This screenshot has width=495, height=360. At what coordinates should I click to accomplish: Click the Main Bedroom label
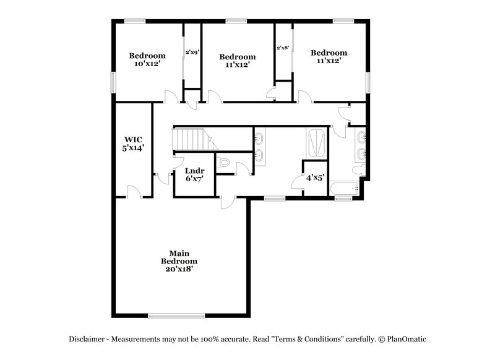(x=179, y=261)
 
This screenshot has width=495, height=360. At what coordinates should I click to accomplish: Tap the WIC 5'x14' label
(x=134, y=144)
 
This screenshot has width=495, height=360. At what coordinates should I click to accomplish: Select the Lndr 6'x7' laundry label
(x=194, y=174)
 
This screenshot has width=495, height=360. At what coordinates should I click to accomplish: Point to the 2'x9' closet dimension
(x=192, y=53)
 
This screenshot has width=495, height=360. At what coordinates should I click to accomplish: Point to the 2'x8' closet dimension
(x=283, y=48)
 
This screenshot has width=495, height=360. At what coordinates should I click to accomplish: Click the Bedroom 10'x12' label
(x=147, y=59)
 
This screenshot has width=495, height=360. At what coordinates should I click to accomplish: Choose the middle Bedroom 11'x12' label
(x=238, y=60)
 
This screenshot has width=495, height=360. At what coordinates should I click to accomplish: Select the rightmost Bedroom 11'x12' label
(x=329, y=57)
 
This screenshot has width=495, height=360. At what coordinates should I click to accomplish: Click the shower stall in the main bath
(x=316, y=143)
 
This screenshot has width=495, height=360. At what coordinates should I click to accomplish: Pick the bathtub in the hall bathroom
(x=345, y=188)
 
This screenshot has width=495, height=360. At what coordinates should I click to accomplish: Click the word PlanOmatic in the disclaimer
(x=405, y=339)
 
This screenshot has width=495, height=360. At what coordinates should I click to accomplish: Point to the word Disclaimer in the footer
(x=88, y=339)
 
